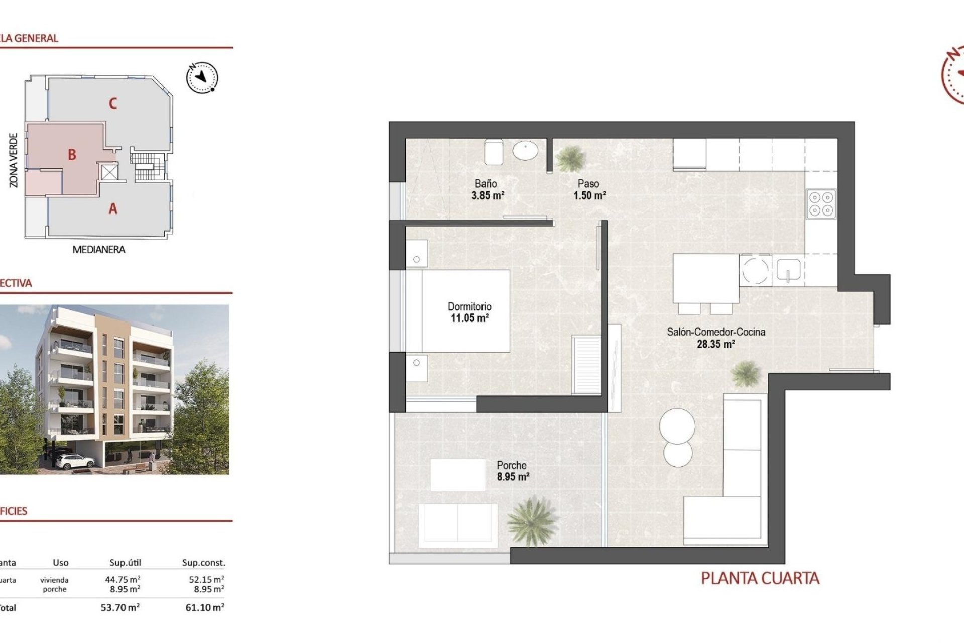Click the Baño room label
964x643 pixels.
click(486, 184)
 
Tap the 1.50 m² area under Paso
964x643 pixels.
click(589, 195)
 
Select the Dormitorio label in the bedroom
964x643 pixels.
click(469, 306)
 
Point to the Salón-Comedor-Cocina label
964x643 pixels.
click(716, 332)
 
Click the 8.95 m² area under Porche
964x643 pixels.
click(513, 477)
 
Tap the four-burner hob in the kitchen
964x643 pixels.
click(821, 204)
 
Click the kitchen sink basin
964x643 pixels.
click(788, 270)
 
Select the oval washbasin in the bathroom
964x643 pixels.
click(525, 150)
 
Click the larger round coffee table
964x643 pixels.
click(677, 426)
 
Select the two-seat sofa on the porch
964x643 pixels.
click(458, 522)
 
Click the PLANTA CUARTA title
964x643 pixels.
click(760, 578)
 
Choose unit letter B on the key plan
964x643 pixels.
click(72, 155)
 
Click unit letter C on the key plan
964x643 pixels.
click(113, 103)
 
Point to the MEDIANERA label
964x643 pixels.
click(98, 250)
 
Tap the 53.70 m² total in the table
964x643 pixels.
click(120, 607)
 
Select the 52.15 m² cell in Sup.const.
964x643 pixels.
click(206, 579)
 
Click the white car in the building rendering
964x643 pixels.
click(74, 460)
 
